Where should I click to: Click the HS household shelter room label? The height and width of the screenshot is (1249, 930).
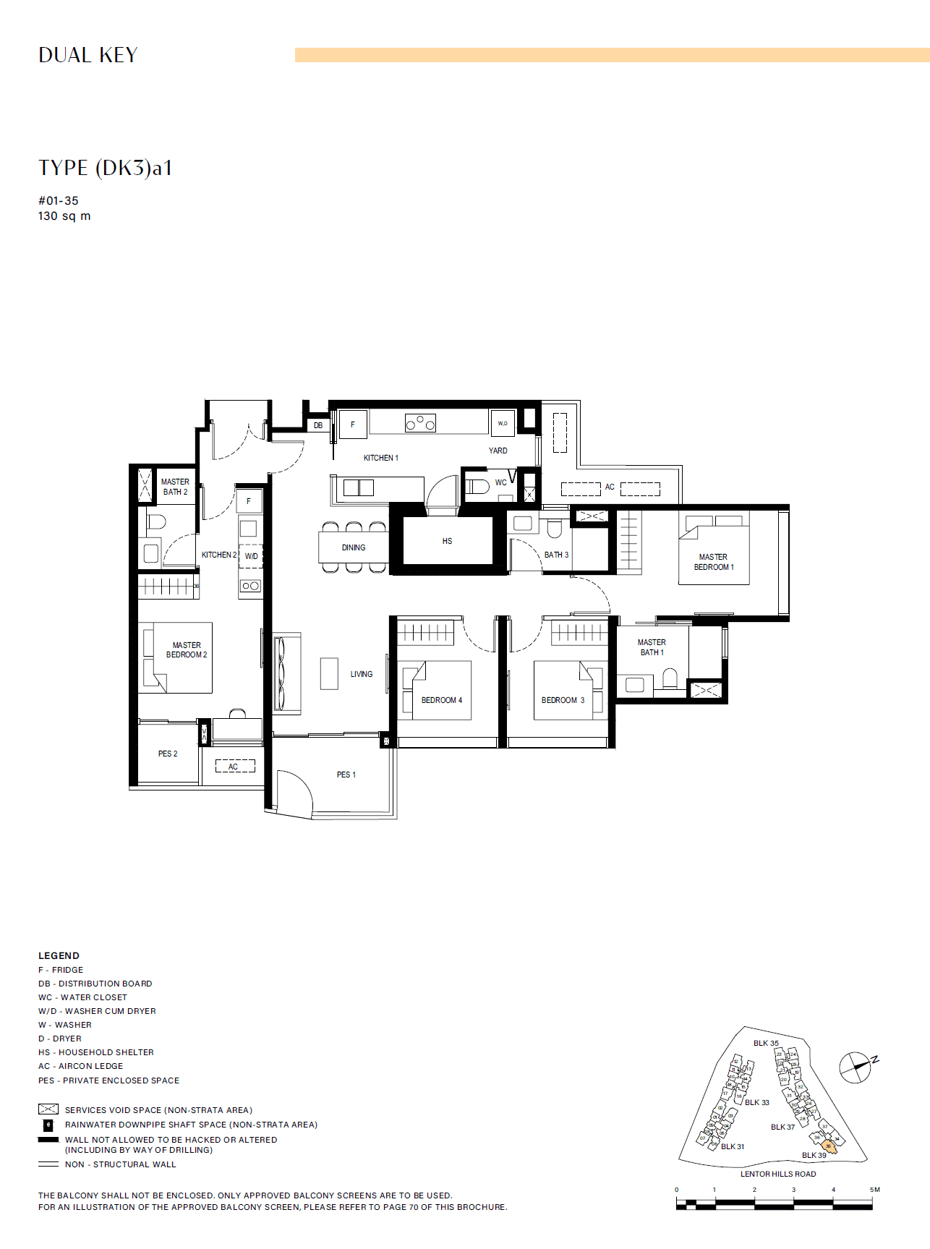pos(447,541)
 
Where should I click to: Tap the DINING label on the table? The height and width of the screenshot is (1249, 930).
pos(354,547)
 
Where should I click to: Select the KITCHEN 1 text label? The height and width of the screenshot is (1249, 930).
pos(380,458)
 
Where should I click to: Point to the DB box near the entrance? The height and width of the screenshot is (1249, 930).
pos(318,425)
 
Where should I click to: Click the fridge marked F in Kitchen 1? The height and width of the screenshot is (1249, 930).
pos(353,425)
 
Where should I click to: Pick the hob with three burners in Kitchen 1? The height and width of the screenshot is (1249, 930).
pos(420,422)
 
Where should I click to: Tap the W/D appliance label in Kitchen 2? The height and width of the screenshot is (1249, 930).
pos(251,556)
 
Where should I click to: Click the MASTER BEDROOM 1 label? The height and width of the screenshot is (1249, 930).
pos(714,562)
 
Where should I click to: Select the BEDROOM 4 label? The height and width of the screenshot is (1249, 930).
pos(441,700)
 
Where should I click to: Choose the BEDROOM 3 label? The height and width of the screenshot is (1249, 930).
pos(563,700)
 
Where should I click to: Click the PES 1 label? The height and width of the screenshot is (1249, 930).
pos(346,775)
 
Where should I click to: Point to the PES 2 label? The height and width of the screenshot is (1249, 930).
pos(168,754)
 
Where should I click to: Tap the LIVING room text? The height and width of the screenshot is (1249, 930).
pos(362,674)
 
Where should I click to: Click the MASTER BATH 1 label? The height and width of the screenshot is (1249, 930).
pos(652,647)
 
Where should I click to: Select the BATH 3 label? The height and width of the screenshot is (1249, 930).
pos(556,555)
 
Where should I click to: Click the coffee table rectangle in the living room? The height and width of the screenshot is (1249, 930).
pos(329,673)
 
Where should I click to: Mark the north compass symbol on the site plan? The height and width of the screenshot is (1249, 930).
pos(856,1067)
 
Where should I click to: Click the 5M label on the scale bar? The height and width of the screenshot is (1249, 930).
pos(874,1190)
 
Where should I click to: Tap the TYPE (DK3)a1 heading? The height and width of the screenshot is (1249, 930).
pos(106,168)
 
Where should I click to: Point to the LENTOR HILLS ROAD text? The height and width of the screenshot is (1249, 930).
pos(777,1174)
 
